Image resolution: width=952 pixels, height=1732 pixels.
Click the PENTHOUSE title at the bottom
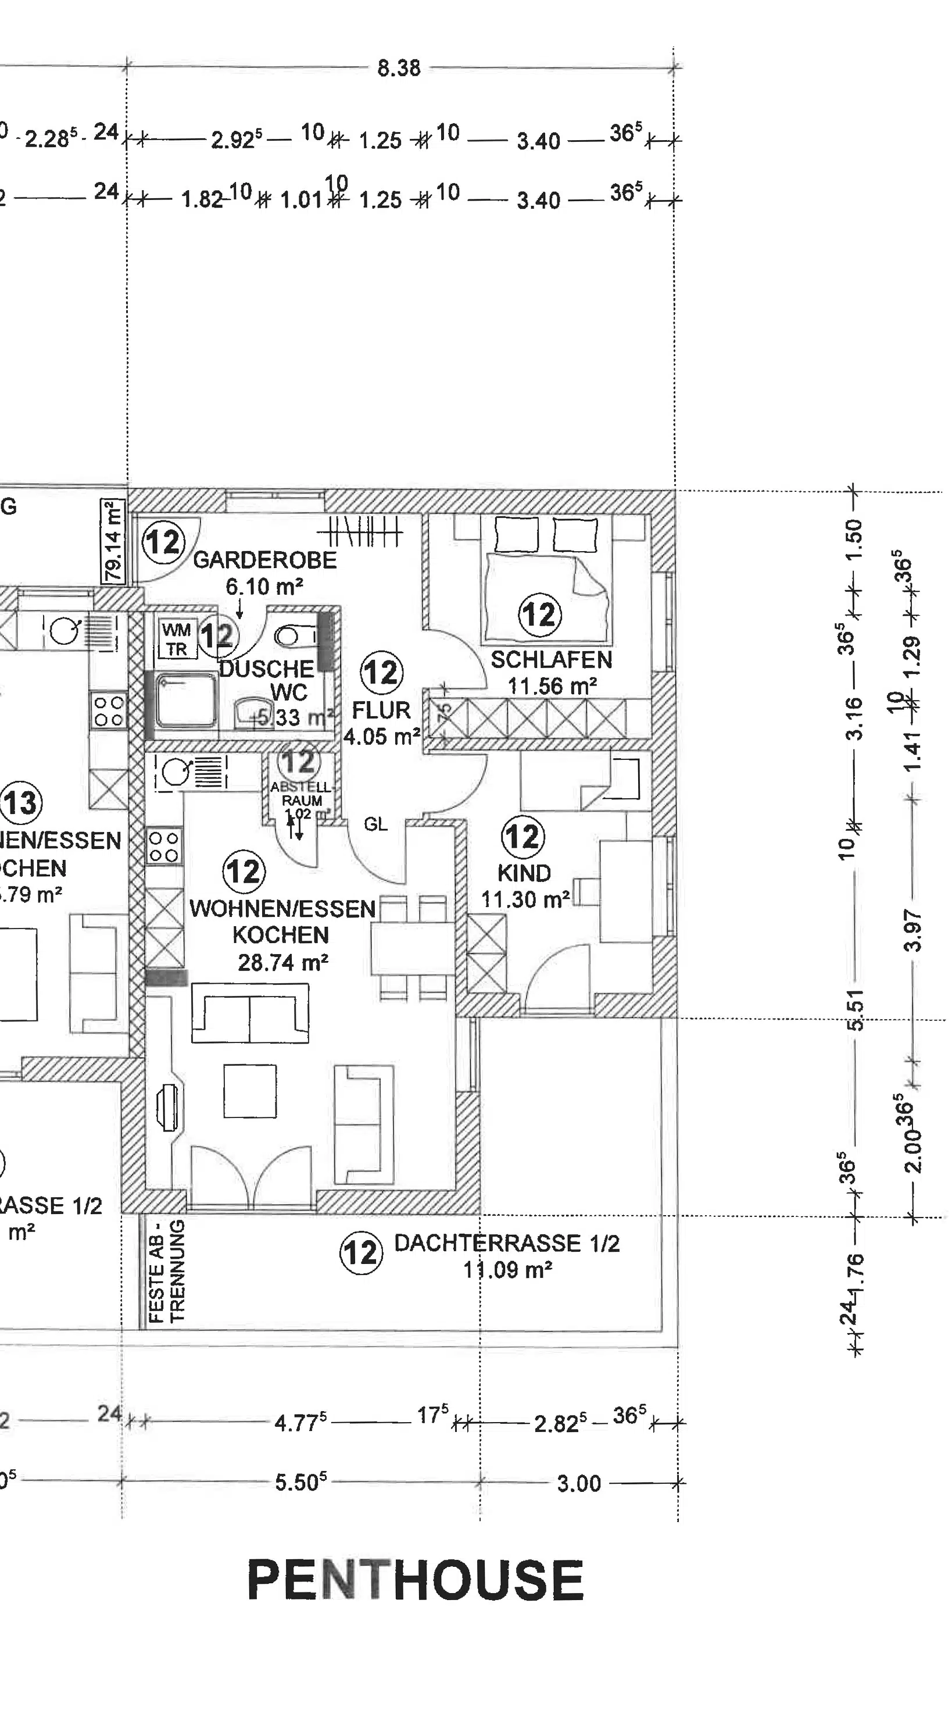[416, 1580]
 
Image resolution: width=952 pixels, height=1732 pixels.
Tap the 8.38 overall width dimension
[399, 68]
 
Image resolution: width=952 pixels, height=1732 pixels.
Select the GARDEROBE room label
[265, 560]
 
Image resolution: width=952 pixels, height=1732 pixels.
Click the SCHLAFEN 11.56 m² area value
[552, 687]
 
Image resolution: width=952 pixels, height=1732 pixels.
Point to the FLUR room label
[381, 710]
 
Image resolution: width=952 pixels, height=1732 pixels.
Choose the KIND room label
[524, 873]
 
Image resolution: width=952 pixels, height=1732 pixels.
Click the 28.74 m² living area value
[282, 963]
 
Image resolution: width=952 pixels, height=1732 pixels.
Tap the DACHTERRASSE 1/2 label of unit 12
[506, 1243]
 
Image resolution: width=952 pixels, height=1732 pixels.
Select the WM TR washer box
[177, 639]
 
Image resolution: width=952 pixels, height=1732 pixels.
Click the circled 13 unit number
[21, 803]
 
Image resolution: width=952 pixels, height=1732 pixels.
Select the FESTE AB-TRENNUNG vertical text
[167, 1272]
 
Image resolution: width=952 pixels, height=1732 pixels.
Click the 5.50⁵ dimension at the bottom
[300, 1483]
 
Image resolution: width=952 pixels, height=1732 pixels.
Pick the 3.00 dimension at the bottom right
[578, 1483]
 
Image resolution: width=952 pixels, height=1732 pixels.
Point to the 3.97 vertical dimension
[912, 931]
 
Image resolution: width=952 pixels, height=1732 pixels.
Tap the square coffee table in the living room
[249, 1091]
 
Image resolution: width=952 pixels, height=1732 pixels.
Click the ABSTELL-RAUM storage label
[301, 794]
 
